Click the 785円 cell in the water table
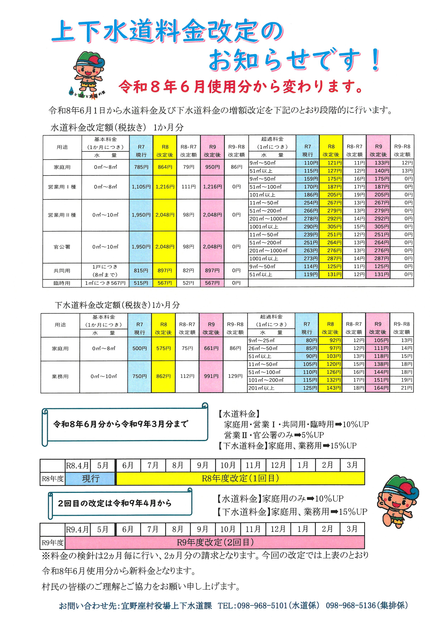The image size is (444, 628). point(141,167)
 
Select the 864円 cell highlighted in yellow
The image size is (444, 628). point(165,167)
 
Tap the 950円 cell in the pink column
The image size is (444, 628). point(213,167)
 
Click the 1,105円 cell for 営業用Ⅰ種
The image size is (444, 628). point(141,187)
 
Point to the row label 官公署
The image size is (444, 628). point(62,247)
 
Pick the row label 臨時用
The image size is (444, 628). point(62,283)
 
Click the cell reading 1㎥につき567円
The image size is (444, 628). point(105,283)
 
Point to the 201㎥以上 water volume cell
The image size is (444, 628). point(261,388)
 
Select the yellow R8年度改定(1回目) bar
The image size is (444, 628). point(240,478)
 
